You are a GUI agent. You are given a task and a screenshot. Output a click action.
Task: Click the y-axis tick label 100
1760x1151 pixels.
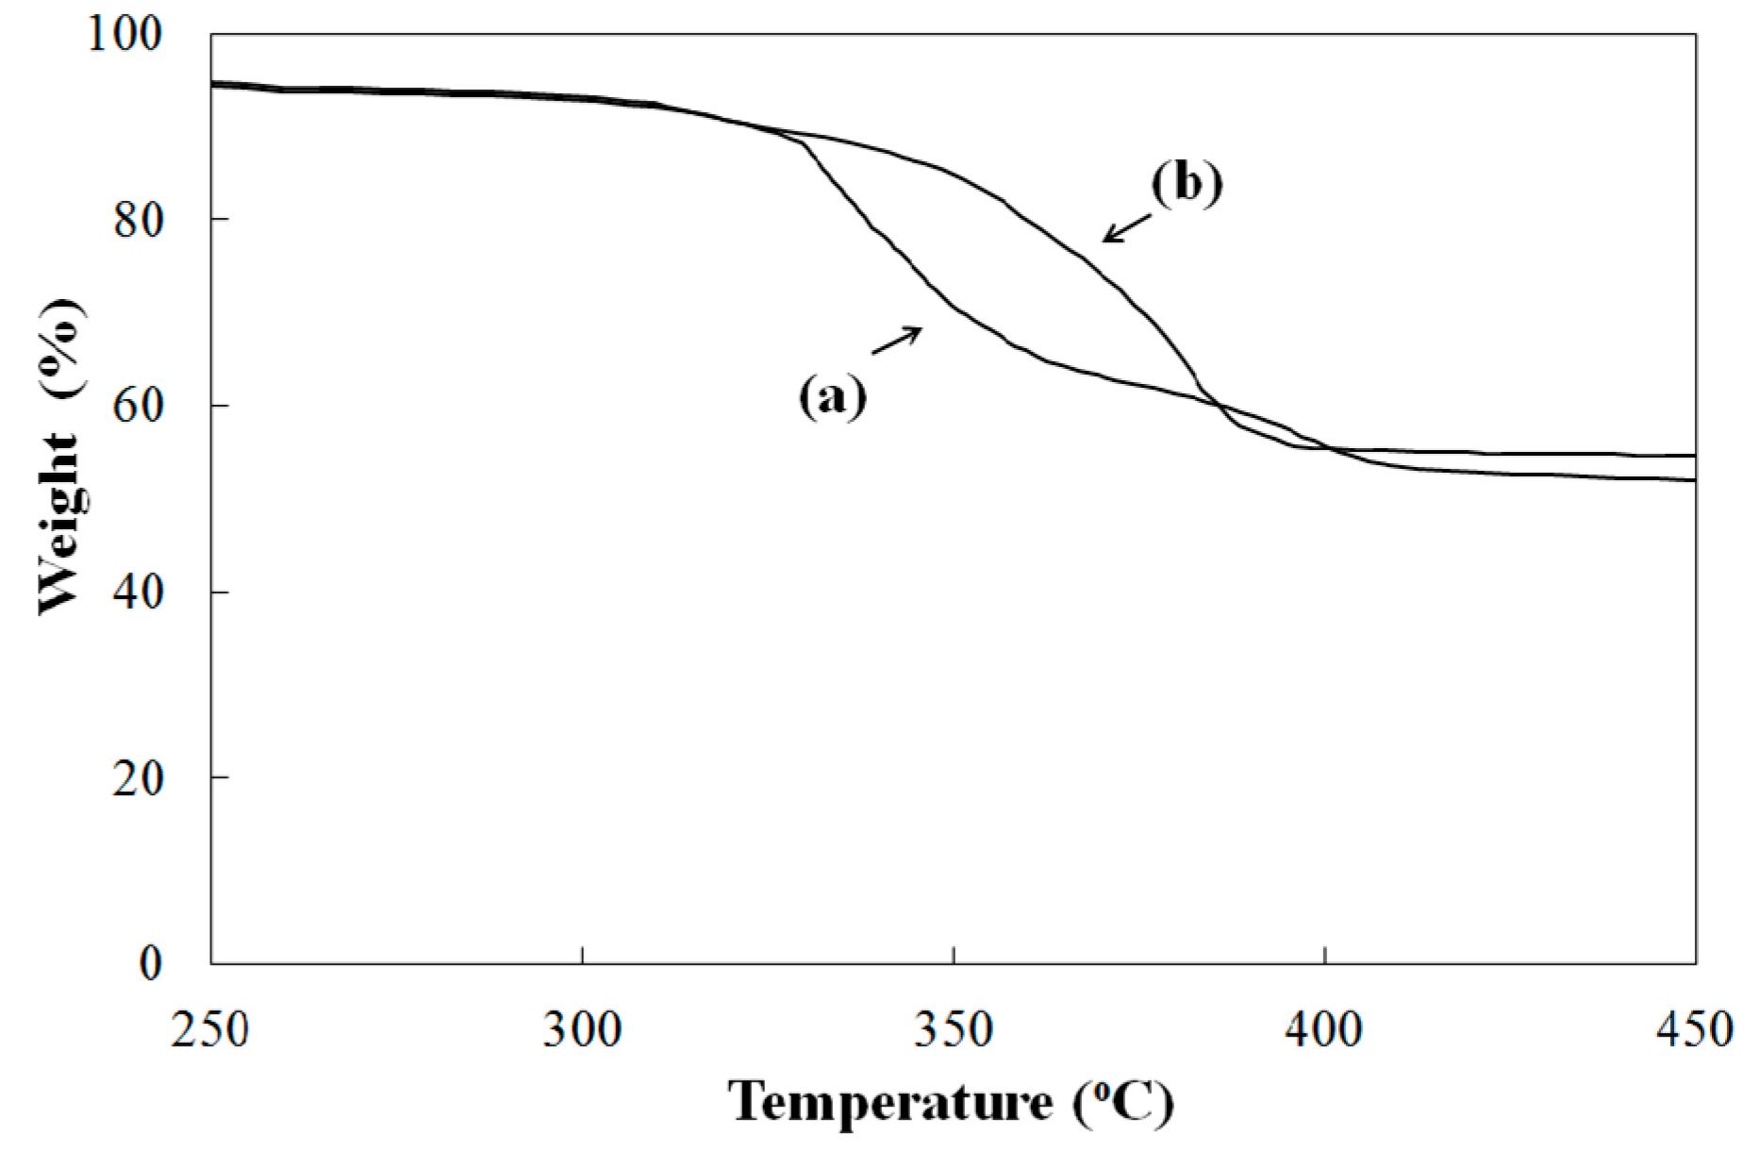(125, 34)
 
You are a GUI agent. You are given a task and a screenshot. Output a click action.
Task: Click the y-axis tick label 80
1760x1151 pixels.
(138, 220)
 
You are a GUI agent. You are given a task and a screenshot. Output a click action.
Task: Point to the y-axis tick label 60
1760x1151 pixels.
(138, 406)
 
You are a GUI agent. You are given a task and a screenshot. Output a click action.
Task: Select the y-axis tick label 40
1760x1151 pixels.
(138, 592)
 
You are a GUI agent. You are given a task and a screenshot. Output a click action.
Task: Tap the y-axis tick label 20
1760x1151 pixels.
(138, 777)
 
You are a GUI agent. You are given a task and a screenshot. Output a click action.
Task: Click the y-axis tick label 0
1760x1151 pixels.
(151, 963)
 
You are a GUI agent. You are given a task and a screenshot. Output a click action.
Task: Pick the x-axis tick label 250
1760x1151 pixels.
(210, 1029)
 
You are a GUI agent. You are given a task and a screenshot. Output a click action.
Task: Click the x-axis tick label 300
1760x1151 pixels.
(582, 1029)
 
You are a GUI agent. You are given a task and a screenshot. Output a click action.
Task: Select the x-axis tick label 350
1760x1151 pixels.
(954, 1029)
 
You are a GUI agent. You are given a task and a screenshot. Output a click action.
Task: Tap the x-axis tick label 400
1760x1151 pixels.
(1324, 1029)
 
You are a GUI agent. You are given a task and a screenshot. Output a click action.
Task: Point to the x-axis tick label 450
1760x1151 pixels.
(1695, 1029)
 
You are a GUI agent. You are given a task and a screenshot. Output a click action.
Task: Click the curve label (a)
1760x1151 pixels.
(832, 396)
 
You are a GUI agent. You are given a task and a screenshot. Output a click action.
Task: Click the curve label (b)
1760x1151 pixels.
(1187, 182)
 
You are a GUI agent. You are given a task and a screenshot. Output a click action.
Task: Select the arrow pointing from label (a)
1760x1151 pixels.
(896, 340)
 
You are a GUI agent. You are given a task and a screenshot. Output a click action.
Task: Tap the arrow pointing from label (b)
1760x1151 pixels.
(1127, 227)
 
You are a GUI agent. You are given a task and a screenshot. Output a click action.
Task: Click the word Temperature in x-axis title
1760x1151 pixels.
(890, 1101)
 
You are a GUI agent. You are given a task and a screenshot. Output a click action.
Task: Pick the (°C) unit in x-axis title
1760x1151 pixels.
(1123, 1101)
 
